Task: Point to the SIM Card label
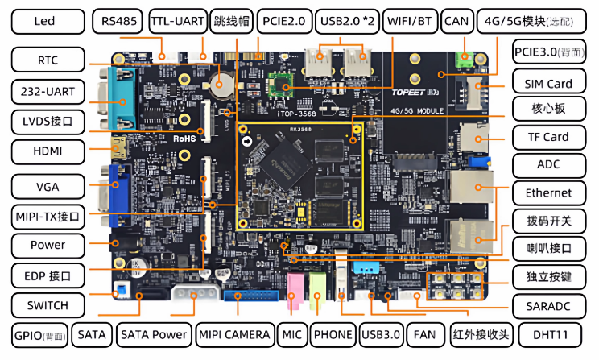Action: click(x=548, y=83)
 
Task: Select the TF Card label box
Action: click(x=548, y=136)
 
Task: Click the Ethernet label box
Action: click(x=548, y=192)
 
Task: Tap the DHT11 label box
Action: click(x=548, y=333)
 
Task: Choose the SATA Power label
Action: click(x=153, y=333)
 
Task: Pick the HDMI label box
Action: click(x=48, y=151)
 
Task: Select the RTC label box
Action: click(x=48, y=60)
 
